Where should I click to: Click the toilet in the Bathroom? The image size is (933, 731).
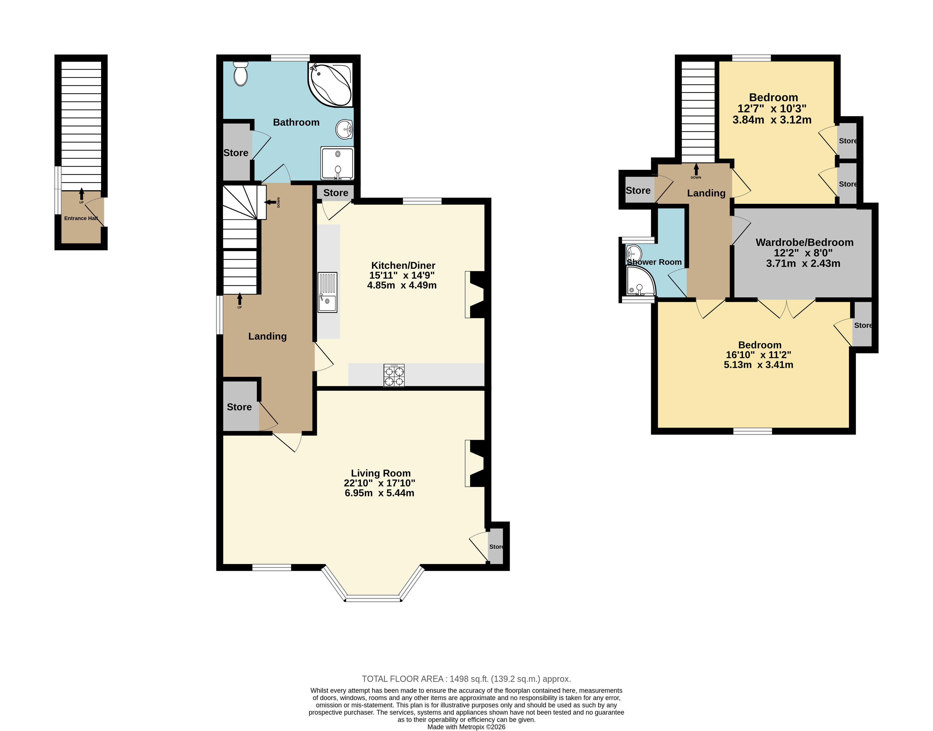click(241, 74)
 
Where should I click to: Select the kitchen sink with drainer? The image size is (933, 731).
click(327, 292)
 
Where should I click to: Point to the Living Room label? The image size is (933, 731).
click(381, 473)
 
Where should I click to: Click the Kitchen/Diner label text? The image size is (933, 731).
click(403, 265)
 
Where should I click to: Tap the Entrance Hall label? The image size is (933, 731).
click(81, 218)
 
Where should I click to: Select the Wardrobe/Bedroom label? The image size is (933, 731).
click(804, 242)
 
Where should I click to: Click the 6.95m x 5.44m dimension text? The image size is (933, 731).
click(379, 493)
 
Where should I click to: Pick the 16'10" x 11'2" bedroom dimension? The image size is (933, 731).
click(758, 355)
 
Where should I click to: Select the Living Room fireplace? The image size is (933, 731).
click(475, 464)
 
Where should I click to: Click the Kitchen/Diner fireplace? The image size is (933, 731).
click(475, 295)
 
